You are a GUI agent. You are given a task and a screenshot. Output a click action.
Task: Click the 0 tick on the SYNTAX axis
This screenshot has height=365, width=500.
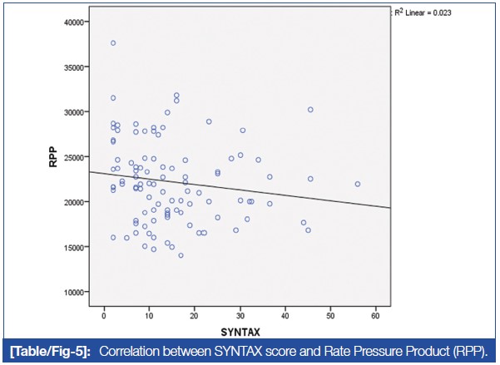[104, 317]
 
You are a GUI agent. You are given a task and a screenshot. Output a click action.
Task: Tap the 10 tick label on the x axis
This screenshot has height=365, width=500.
[149, 317]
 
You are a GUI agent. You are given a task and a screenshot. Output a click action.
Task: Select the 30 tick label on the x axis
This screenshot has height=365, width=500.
[240, 317]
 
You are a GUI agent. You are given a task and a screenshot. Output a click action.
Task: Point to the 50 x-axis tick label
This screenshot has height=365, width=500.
[330, 317]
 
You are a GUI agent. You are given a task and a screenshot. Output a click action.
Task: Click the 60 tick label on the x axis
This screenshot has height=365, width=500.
[376, 317]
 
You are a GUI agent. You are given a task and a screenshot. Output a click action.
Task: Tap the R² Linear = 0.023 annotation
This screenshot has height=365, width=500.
[436, 12]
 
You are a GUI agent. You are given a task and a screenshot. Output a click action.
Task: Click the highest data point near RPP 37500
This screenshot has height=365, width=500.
[113, 43]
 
